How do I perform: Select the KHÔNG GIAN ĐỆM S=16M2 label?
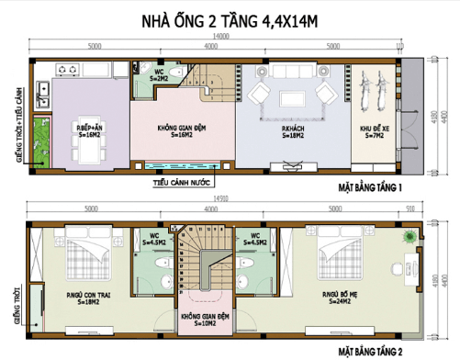pos(180,130)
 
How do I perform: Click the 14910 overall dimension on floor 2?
pos(217,197)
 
